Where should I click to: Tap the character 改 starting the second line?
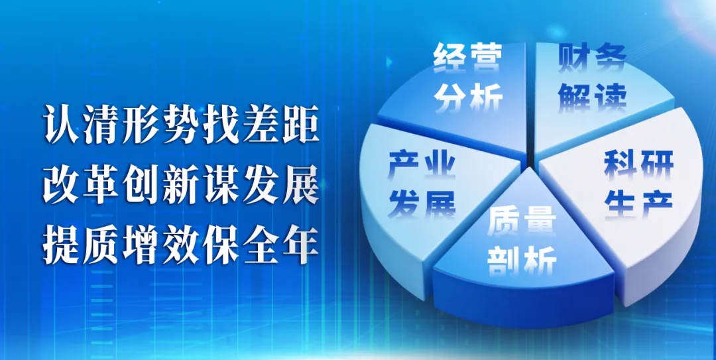click(62, 184)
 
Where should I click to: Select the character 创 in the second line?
click(142, 184)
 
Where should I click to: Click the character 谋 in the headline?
click(220, 184)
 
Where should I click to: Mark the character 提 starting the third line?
click(62, 245)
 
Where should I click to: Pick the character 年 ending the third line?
click(299, 245)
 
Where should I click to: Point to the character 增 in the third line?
click(142, 245)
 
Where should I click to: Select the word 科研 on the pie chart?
click(639, 165)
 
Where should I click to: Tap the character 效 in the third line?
click(181, 245)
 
